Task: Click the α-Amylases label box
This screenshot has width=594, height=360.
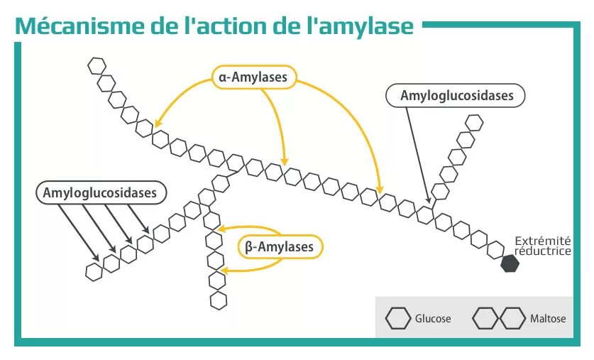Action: (x=253, y=77)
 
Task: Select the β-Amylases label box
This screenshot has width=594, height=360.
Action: (x=279, y=246)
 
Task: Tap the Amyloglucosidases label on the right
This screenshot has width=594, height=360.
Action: (x=456, y=95)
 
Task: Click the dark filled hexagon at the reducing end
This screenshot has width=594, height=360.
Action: (x=510, y=263)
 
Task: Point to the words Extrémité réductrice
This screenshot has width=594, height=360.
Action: (x=542, y=246)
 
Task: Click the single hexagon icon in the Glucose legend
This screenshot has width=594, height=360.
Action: (x=398, y=318)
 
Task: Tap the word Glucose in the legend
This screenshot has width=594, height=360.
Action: (x=433, y=319)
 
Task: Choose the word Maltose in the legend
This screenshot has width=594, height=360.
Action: (x=548, y=319)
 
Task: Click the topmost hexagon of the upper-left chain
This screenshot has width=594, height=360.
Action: (x=96, y=66)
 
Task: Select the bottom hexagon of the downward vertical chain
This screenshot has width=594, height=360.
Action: (x=219, y=300)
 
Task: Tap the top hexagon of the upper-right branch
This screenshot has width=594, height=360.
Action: (x=473, y=122)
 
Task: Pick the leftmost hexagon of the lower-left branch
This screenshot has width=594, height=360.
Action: (x=94, y=271)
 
